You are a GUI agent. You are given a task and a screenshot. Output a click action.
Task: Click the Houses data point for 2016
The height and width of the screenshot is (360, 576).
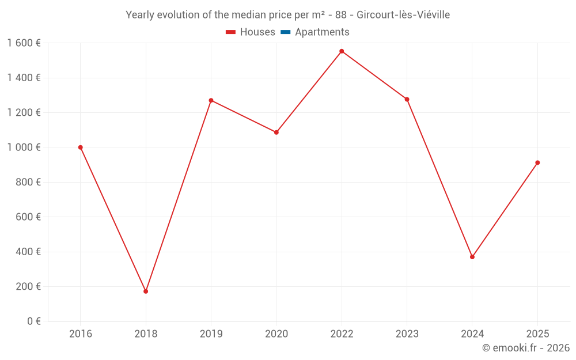point(81,147)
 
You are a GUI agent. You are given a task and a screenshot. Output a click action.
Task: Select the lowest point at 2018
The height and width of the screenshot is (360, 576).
point(146,291)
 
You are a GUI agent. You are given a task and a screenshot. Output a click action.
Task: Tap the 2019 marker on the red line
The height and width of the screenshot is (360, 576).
point(211,100)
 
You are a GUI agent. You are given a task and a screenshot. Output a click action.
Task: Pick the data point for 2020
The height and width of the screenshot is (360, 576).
point(276,132)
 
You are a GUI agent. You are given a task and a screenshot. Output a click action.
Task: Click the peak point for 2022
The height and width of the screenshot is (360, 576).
point(342,51)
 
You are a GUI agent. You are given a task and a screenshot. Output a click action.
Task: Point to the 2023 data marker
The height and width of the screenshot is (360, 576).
point(407,99)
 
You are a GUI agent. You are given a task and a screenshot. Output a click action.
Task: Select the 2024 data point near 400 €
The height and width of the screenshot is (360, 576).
point(472,257)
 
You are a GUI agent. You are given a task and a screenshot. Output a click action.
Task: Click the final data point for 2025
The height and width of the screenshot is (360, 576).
point(537,162)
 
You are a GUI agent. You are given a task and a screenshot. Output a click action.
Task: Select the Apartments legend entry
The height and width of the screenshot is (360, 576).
point(322,32)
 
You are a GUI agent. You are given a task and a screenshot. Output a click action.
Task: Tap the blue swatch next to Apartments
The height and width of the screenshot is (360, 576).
point(285,32)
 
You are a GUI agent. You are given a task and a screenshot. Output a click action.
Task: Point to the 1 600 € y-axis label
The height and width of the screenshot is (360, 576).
point(24,43)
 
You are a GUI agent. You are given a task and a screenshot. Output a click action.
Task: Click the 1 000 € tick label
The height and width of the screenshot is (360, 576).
point(24,147)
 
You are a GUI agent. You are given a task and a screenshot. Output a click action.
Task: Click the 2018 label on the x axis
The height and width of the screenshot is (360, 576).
point(146,334)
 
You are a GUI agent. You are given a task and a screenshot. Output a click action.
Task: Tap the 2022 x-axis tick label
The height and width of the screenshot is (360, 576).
point(342,334)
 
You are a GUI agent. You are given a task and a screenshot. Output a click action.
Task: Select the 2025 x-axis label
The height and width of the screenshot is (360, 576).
point(537,334)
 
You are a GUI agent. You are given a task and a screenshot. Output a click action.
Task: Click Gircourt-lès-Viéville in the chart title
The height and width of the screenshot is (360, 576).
point(403,15)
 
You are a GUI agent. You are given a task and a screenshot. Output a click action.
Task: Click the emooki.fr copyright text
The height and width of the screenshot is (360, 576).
point(526,348)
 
